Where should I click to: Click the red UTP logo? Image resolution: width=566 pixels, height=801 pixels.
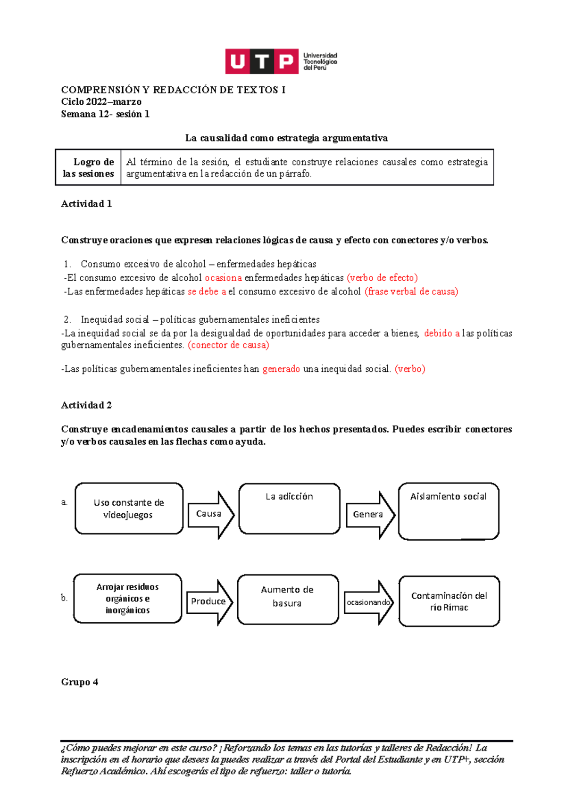[x=262, y=61]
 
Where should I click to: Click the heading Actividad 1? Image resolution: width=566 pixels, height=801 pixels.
[x=86, y=204]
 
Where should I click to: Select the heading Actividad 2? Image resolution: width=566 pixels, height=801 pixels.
[x=86, y=405]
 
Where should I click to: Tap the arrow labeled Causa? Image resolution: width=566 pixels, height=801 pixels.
[x=210, y=514]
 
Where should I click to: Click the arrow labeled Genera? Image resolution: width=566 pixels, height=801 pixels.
[x=370, y=514]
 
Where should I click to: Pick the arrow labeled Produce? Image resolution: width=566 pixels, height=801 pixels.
[x=209, y=601]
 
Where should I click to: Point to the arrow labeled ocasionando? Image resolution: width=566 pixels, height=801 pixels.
[x=368, y=602]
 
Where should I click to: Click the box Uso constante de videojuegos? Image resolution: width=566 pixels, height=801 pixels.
[x=129, y=509]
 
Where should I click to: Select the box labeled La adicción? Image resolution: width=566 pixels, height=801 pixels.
[x=289, y=509]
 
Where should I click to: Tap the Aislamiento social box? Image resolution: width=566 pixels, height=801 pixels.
[x=448, y=511]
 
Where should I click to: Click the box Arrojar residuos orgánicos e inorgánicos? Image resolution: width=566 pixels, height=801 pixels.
[x=127, y=599]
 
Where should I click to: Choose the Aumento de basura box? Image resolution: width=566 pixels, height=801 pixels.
[x=287, y=599]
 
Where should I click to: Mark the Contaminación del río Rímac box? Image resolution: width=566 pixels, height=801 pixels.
[x=449, y=601]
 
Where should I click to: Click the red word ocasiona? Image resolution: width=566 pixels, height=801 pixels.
[x=223, y=278]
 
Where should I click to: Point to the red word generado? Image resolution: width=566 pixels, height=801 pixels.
[x=281, y=369]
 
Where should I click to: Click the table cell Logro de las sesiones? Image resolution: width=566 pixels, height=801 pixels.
[x=89, y=167]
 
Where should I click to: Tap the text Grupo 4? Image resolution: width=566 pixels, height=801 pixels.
[x=80, y=682]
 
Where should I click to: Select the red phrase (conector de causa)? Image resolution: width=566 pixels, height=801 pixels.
[x=228, y=345]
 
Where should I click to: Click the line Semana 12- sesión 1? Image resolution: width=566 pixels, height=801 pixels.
[x=105, y=114]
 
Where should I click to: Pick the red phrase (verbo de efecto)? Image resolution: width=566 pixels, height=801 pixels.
[x=382, y=278]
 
